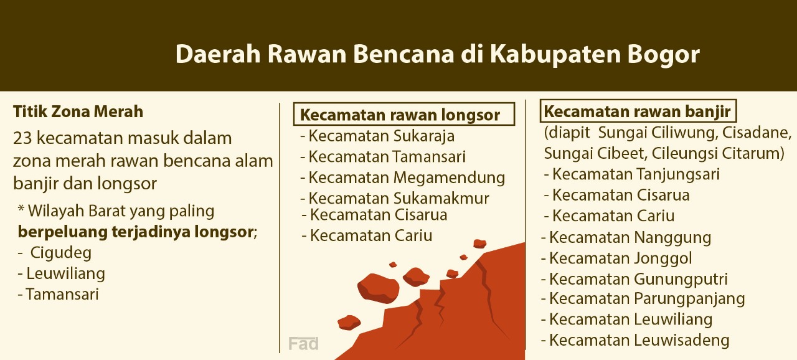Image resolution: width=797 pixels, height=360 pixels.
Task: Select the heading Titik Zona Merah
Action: pyautogui.click(x=78, y=111)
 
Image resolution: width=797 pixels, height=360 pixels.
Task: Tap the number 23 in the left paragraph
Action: pyautogui.click(x=23, y=138)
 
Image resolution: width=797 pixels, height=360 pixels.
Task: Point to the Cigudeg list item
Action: pyautogui.click(x=60, y=253)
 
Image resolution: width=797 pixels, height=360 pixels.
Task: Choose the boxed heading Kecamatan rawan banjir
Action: pyautogui.click(x=638, y=111)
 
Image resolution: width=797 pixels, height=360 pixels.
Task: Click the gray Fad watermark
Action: pyautogui.click(x=303, y=344)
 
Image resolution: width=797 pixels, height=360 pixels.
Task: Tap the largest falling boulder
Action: pyautogui.click(x=378, y=288)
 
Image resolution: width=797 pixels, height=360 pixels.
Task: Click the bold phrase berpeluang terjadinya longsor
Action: pyautogui.click(x=136, y=232)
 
